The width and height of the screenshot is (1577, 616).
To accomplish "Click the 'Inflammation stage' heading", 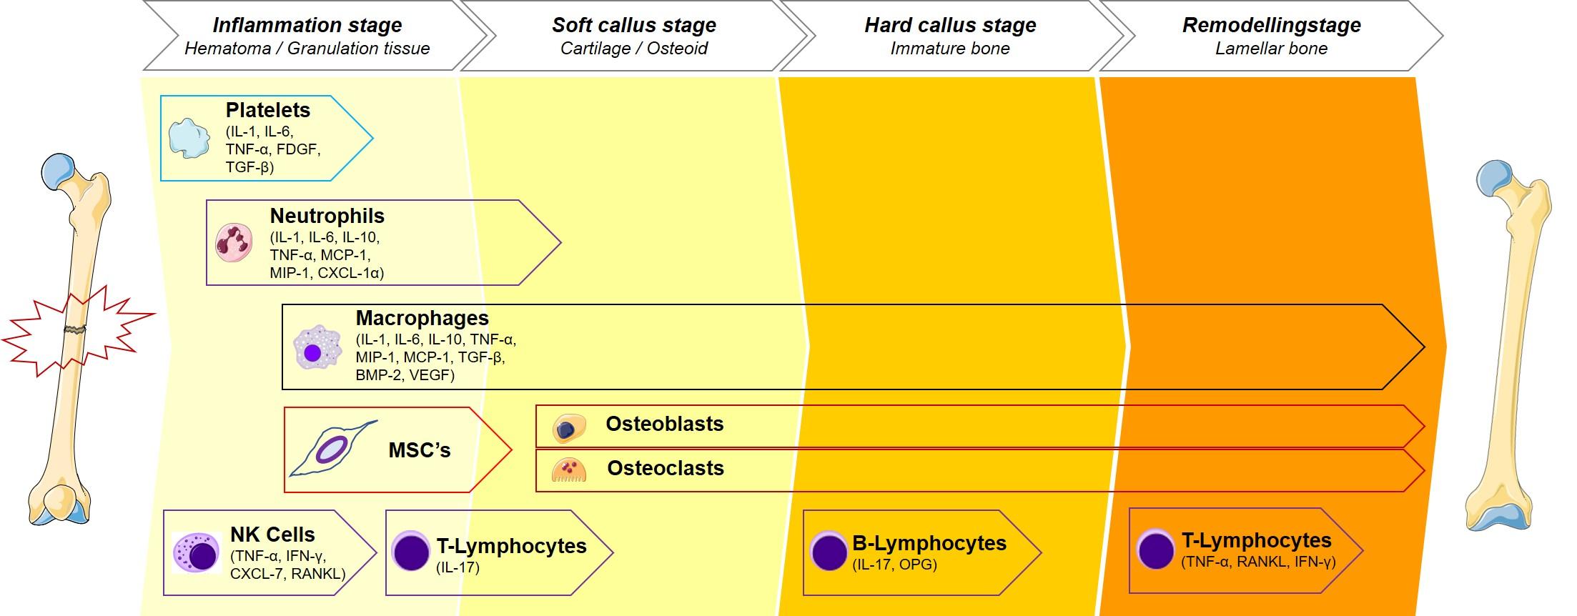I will click(307, 25).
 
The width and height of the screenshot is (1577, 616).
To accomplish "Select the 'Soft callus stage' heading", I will click(633, 25).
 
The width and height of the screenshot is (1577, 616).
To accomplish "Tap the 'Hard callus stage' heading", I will click(950, 25).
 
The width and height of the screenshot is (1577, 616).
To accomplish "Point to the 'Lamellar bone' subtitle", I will click(1271, 49).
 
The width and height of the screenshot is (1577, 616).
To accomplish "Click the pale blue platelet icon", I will click(189, 138).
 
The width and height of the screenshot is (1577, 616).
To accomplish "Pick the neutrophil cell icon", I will click(234, 243).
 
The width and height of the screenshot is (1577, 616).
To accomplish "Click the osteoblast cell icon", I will click(568, 428).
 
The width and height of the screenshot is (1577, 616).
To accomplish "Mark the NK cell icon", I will click(197, 552).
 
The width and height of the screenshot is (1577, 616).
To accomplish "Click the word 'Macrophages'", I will click(422, 318).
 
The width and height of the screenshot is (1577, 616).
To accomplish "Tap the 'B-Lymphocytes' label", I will click(929, 544).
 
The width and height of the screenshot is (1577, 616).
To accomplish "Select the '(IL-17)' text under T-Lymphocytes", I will click(458, 567).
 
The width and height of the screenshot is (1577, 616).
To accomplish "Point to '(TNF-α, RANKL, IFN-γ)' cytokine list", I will click(1258, 562).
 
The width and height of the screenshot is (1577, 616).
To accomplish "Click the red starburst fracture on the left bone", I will click(76, 330).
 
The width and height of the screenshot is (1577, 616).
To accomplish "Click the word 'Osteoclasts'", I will click(666, 468).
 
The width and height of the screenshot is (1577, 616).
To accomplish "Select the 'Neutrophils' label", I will click(327, 216).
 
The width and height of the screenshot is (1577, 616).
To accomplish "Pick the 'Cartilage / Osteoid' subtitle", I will click(633, 49).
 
